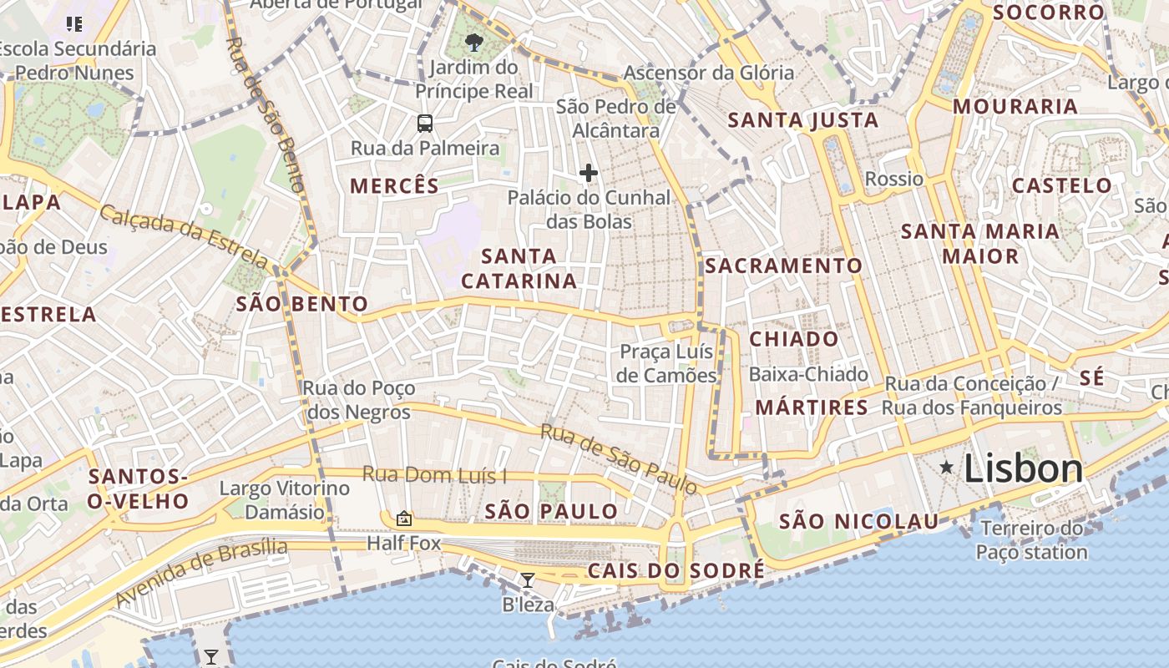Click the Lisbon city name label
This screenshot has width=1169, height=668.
[x=1023, y=468]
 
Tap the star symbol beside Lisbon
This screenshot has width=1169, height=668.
[x=946, y=468]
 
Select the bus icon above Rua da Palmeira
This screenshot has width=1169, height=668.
[x=425, y=124]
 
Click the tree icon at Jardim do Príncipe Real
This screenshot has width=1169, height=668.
[x=474, y=42]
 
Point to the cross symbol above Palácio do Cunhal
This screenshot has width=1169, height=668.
[x=589, y=173]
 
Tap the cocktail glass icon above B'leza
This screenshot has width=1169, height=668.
[x=527, y=579]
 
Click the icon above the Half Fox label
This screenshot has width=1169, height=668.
[x=404, y=519]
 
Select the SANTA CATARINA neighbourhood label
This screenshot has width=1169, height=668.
[x=519, y=268]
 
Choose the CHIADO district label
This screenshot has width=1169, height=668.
[x=794, y=339]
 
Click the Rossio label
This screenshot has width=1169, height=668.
[x=894, y=179]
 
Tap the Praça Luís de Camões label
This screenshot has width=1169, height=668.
[x=667, y=363]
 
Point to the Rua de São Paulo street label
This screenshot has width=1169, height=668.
[x=618, y=458]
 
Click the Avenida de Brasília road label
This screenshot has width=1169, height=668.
[x=201, y=573]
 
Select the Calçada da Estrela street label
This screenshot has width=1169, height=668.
[x=185, y=236]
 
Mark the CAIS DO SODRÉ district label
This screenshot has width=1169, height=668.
[x=676, y=571]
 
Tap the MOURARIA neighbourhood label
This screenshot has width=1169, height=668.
[x=1015, y=106]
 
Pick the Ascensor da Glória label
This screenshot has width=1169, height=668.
[x=709, y=73]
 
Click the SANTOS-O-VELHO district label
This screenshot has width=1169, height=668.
[x=139, y=488]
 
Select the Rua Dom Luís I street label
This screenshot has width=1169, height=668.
[x=434, y=475]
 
